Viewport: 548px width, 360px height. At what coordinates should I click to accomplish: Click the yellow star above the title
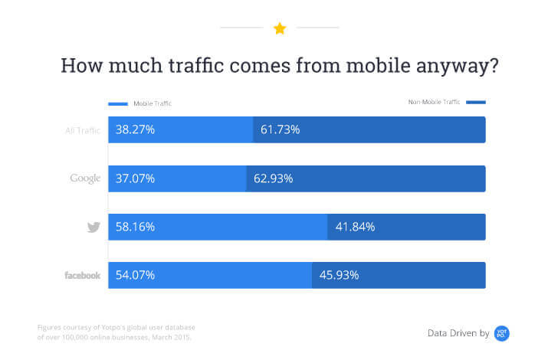280,28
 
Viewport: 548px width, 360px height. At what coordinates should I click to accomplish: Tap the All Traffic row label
82,130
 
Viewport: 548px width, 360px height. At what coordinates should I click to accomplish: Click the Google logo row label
85,178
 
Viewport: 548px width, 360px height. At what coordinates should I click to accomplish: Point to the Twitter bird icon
94,227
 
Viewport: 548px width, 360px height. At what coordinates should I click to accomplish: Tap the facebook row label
82,275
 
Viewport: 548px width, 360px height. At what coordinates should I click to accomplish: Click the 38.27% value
136,130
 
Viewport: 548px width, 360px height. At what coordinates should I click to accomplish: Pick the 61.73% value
280,130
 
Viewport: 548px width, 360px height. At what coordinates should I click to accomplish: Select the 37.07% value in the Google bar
136,178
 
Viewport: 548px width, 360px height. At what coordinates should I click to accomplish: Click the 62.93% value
274,178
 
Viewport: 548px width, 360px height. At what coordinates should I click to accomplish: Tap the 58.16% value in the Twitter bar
136,227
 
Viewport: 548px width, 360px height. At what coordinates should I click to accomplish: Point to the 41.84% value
355,227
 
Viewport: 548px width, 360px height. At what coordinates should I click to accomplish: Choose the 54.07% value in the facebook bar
136,275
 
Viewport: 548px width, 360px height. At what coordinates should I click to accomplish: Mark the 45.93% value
339,275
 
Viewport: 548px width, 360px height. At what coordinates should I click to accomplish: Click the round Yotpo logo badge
502,332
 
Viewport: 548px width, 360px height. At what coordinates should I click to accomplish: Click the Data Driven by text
458,333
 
